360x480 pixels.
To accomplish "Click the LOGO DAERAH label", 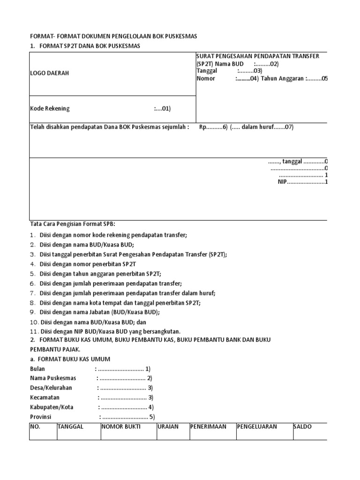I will [49, 74].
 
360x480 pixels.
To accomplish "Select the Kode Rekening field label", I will [50, 109].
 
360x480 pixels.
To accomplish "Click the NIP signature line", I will [301, 182].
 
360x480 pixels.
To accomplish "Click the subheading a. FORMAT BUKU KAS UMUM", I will [70, 359].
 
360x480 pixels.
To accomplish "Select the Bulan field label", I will [37, 369].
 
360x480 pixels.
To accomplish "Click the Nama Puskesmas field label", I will [53, 378].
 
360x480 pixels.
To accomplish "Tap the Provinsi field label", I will [40, 417].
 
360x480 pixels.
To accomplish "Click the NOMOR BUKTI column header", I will [120, 427].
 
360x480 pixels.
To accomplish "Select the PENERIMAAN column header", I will [208, 427].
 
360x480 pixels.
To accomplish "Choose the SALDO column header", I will [302, 427].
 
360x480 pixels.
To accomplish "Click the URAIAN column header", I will [168, 427].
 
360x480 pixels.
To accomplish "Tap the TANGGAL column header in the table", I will [70, 427].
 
